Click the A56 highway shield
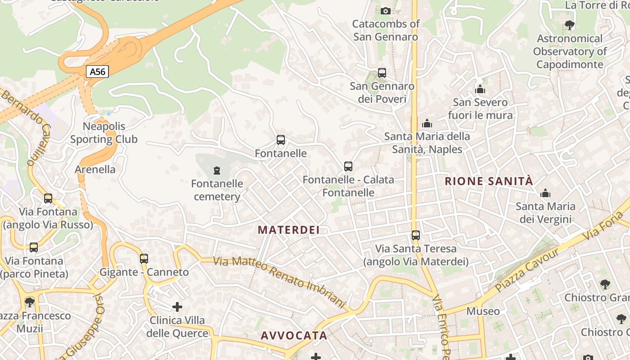click(97, 72)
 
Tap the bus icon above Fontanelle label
click(281, 140)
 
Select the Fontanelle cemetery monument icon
click(217, 171)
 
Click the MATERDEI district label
click(288, 230)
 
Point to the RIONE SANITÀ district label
click(489, 181)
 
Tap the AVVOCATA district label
click(294, 336)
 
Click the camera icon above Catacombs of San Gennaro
click(386, 11)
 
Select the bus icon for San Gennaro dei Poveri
click(382, 72)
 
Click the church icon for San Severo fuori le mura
click(480, 89)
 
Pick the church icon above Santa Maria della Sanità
click(427, 123)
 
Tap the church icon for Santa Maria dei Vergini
click(545, 193)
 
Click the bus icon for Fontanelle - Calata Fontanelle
click(348, 166)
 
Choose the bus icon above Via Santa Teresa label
click(416, 235)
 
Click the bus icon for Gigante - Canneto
click(144, 259)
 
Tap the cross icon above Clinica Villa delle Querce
click(177, 307)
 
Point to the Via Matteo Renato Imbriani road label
click(279, 282)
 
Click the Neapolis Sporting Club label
click(104, 133)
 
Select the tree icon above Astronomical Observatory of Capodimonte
click(570, 25)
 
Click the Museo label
click(483, 311)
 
